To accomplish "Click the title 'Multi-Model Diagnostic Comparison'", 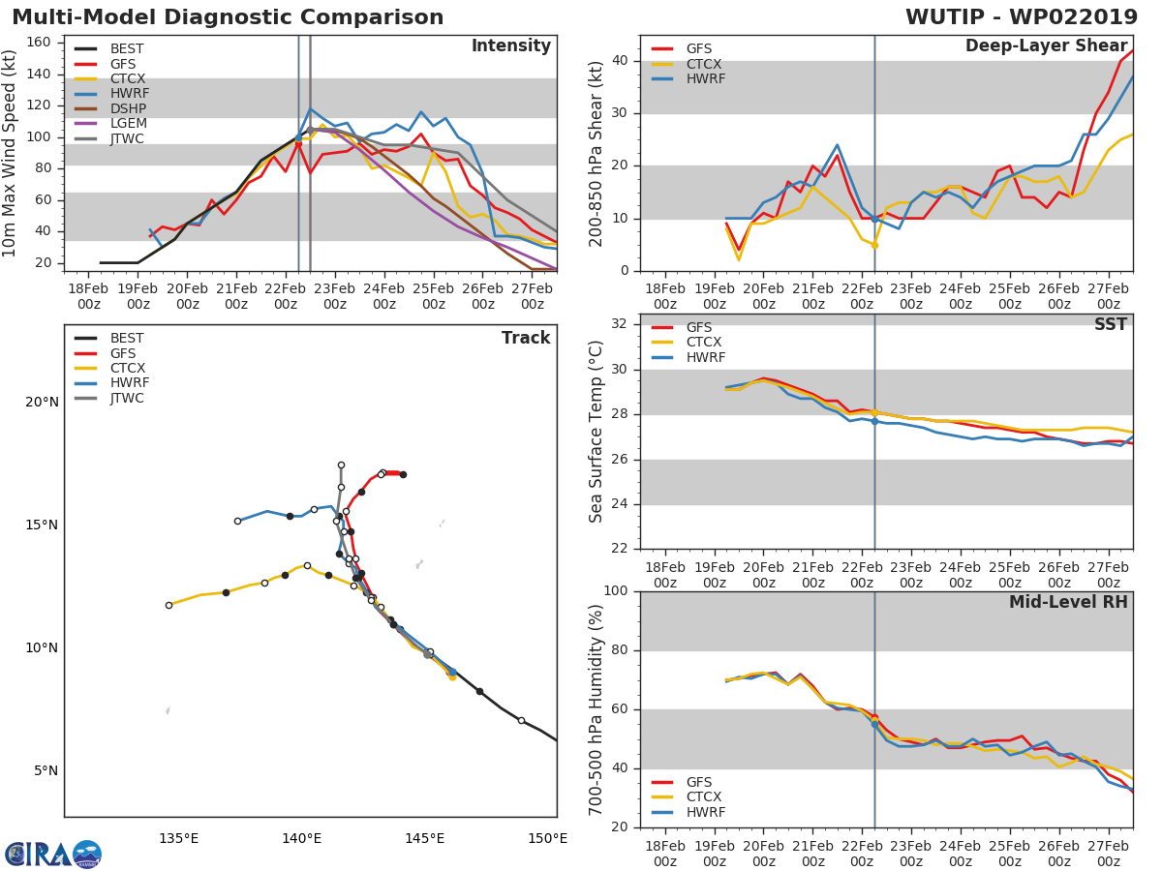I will [228, 17].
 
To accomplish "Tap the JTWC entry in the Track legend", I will [127, 399].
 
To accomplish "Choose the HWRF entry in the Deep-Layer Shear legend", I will [705, 79].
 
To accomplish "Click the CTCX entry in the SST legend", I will [704, 343].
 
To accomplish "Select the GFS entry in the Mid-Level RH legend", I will [698, 782].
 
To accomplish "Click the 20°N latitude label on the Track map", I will [42, 403].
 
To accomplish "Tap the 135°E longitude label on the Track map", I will [179, 838].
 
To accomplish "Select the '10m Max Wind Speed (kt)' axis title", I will [11, 153].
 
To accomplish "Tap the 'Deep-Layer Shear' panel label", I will [1046, 46].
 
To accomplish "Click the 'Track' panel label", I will [526, 338].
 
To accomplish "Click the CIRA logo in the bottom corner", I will [52, 854].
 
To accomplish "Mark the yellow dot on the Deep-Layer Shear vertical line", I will [874, 245].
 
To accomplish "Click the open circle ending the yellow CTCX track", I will [168, 605].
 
